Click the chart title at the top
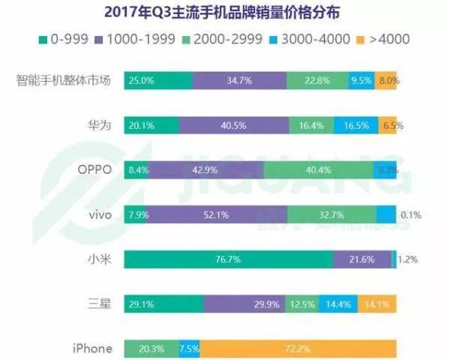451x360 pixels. coord(225,11)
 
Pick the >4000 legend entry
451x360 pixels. coord(383,38)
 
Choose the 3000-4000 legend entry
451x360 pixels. coord(313,38)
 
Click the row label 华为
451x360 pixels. coord(100,125)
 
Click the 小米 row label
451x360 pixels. coord(100,259)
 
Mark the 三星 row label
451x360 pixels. coord(100,304)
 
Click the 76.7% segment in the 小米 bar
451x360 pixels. coord(228,259)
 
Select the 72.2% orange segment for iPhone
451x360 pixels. coord(298,348)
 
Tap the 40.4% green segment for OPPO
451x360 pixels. coord(319,169)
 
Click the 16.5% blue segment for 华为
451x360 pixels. coord(356,125)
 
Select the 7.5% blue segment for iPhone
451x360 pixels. coord(189,348)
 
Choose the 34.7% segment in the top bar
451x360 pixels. coord(239,80)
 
